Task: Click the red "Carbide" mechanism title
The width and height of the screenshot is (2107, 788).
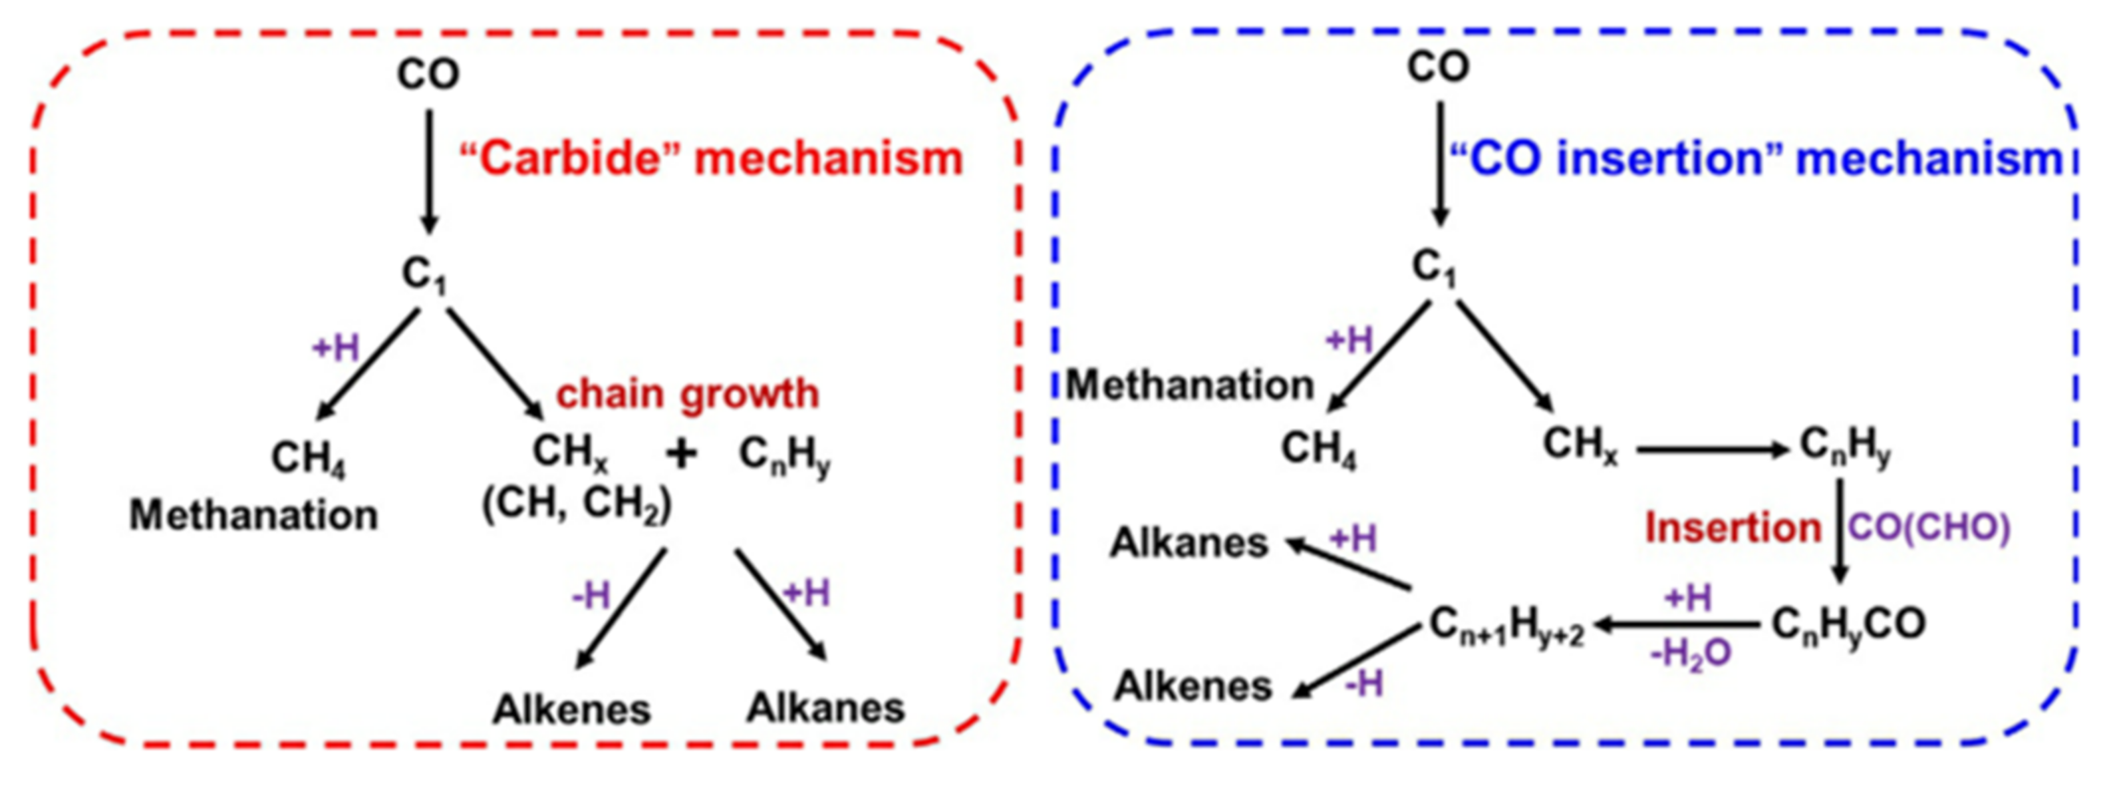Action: point(710,158)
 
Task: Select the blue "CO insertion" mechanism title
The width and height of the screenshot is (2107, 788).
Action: point(1757,158)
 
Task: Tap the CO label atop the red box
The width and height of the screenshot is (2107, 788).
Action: point(428,75)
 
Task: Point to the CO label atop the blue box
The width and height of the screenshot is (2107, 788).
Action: point(1438,67)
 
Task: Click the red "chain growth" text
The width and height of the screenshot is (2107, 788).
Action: point(687,393)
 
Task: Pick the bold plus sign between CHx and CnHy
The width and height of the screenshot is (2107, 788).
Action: point(680,453)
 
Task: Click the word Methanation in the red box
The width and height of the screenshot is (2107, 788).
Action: point(253,516)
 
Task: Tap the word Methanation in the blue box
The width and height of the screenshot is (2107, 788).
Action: point(1189,385)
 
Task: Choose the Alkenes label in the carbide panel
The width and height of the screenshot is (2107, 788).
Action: point(571,709)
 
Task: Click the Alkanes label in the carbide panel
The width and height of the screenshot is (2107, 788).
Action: point(825,708)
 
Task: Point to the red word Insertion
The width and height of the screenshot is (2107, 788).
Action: point(1733,528)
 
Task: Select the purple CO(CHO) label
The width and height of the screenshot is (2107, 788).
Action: point(1929,528)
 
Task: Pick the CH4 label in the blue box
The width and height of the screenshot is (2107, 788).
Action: point(1318,449)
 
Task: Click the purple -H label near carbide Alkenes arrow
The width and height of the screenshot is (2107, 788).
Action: point(591,596)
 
